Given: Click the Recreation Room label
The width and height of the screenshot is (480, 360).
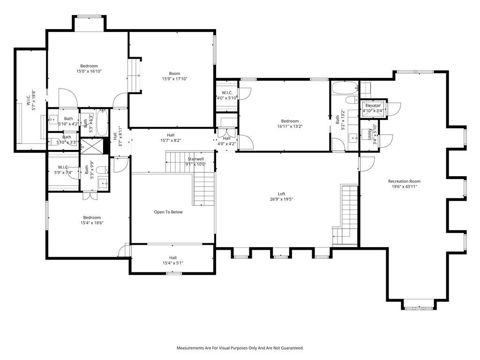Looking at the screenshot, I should (404, 181).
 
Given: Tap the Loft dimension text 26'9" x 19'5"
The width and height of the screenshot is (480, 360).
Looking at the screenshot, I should (281, 199).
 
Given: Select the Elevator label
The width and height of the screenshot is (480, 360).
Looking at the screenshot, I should (373, 106).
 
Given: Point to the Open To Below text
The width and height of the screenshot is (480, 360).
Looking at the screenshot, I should (168, 212).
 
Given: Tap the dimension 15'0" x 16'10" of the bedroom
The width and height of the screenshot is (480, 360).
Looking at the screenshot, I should (89, 71).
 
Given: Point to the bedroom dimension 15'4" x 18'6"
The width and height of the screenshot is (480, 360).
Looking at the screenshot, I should (92, 223).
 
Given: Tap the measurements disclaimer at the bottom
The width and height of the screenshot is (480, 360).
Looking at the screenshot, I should (240, 348).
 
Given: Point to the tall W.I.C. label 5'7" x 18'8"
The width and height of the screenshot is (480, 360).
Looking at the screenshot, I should (30, 100).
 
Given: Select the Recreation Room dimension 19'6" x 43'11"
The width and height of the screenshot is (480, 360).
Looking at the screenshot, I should (404, 187).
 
